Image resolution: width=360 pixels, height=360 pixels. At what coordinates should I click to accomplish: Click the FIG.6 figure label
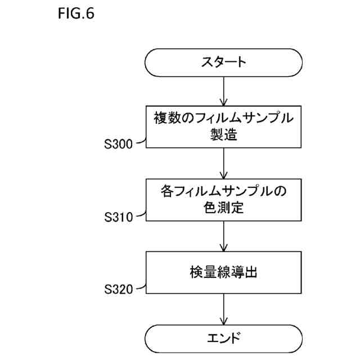coord(75,13)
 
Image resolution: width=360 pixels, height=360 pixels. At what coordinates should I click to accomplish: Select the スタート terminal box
coord(224,62)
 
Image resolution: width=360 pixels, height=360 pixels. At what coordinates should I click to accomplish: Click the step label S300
coord(118,145)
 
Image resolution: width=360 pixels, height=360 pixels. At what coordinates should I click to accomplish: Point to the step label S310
coord(118,217)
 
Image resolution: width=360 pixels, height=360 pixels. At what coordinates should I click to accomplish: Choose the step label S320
coord(118,290)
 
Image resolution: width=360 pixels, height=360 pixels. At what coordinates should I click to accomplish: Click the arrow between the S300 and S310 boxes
coord(224,163)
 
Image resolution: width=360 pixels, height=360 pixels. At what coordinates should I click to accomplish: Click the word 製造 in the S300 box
coord(224,135)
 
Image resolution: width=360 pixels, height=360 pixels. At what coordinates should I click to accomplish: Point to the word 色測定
coord(224,208)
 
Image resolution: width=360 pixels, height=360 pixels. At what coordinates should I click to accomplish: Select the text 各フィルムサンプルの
coord(224,191)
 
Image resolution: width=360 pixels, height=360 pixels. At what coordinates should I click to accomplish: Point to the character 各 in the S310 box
coord(168,191)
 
